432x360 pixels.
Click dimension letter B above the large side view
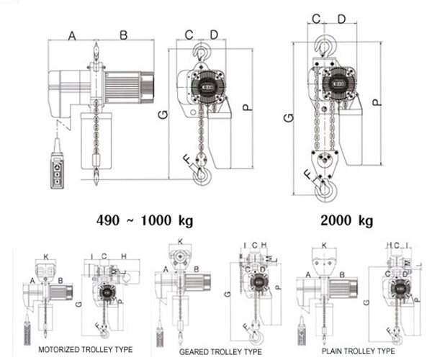point(123,35)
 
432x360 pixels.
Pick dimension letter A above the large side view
point(72,35)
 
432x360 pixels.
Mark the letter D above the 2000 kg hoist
point(341,18)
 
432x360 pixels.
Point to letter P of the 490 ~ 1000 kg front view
point(246,107)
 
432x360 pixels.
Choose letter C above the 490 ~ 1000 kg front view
point(189,35)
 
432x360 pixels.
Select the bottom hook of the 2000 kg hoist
point(326,189)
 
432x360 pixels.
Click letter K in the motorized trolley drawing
point(46,256)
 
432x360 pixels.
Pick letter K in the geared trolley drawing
point(180,242)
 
